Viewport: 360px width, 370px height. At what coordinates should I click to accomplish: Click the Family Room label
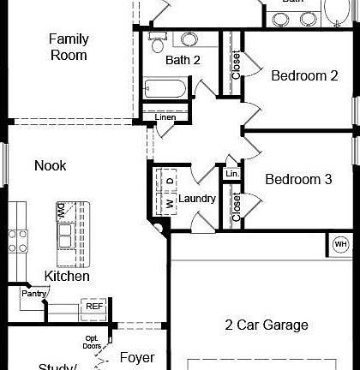(69, 47)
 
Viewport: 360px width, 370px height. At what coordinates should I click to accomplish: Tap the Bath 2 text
(183, 60)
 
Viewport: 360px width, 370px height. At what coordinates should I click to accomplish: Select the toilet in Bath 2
(157, 38)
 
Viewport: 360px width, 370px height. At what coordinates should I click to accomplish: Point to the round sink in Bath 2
(189, 39)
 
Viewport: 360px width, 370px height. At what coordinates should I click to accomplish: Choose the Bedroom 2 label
(304, 75)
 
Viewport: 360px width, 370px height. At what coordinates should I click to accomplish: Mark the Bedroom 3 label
(297, 179)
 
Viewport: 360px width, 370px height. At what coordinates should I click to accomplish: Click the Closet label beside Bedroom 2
(236, 65)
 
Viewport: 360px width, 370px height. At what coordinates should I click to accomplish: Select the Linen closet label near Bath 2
(165, 116)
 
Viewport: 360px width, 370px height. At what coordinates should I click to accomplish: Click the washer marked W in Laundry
(170, 203)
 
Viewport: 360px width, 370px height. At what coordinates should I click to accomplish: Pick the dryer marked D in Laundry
(170, 181)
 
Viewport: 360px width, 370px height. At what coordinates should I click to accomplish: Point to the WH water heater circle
(340, 243)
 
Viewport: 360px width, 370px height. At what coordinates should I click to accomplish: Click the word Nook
(50, 165)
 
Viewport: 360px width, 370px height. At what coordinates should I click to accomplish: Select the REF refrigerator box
(93, 306)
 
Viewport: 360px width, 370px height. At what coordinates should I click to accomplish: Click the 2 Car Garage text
(267, 325)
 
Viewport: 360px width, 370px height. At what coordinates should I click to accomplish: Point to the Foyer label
(136, 356)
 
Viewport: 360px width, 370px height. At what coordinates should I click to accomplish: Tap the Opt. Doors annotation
(92, 342)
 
